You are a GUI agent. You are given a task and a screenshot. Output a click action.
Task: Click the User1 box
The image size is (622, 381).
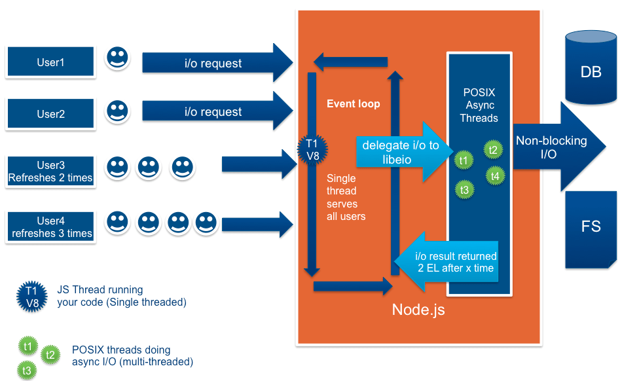tap(50, 62)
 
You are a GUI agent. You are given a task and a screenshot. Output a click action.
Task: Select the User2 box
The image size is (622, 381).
tap(50, 114)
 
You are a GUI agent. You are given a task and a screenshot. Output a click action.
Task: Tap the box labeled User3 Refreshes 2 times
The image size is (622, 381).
tap(50, 172)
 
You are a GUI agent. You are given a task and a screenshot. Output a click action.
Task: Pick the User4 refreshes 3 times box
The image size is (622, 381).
tap(50, 227)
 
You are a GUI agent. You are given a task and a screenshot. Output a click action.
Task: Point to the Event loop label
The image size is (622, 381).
tap(353, 103)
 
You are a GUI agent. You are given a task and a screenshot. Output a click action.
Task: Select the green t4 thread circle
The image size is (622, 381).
tap(495, 175)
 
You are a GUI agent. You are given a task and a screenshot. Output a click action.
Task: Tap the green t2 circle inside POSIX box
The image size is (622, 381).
tap(493, 150)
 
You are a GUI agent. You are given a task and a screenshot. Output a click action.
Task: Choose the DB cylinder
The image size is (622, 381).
tap(591, 69)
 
